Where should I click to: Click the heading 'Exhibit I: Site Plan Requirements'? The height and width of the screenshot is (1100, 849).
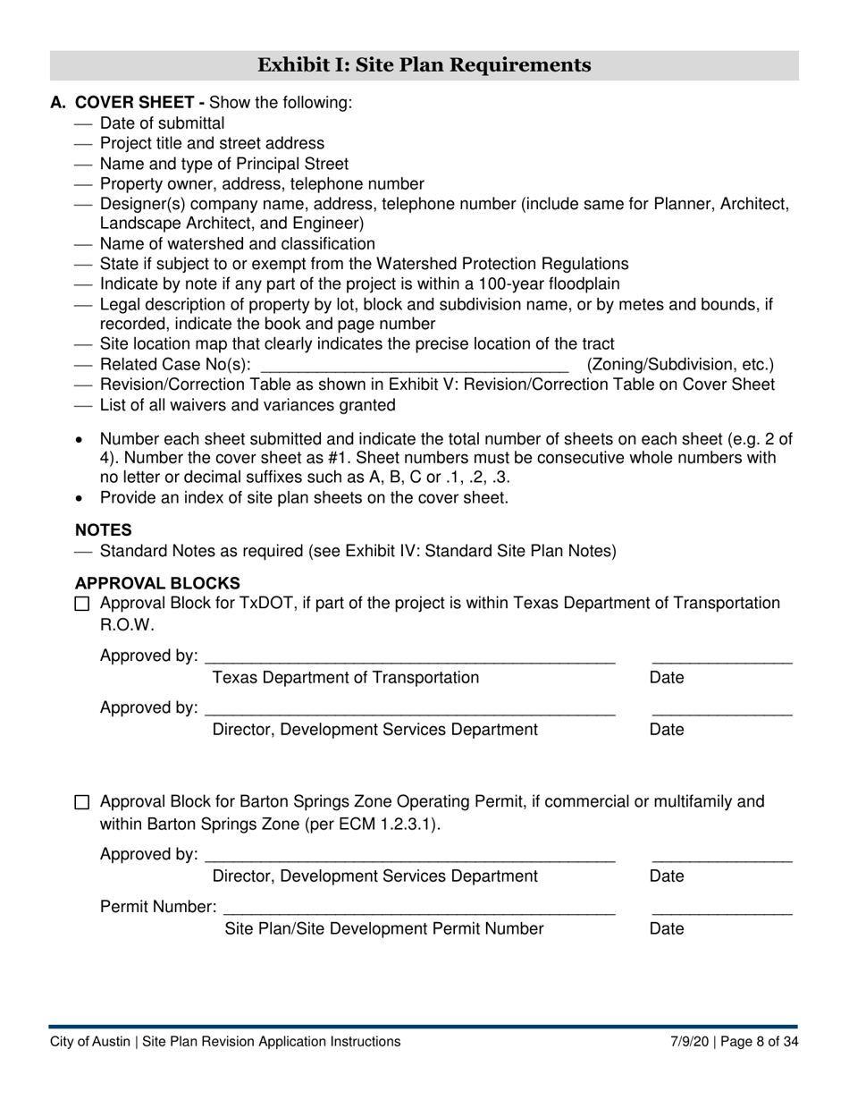(x=424, y=65)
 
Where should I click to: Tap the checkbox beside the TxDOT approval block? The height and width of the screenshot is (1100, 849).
(x=82, y=605)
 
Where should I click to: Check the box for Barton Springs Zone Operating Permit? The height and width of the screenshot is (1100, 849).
(x=82, y=803)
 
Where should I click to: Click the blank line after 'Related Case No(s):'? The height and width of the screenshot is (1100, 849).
(x=413, y=365)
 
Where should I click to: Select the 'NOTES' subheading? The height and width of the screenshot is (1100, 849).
(x=103, y=530)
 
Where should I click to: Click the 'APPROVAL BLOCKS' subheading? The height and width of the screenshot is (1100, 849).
(x=157, y=583)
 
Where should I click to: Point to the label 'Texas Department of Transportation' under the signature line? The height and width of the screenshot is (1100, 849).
(x=345, y=678)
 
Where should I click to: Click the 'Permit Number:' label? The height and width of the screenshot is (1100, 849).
(x=157, y=908)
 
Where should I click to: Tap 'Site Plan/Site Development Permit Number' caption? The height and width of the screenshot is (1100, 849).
(x=383, y=929)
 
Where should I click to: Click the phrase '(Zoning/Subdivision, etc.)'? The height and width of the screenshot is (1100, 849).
(x=680, y=365)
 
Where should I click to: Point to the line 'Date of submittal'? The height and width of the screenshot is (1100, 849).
(x=162, y=123)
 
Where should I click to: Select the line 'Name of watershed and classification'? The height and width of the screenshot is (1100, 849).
(x=237, y=244)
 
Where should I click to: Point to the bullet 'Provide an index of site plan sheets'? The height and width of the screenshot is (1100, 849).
(x=304, y=497)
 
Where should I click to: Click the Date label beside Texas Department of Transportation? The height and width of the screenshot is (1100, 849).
(x=666, y=678)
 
